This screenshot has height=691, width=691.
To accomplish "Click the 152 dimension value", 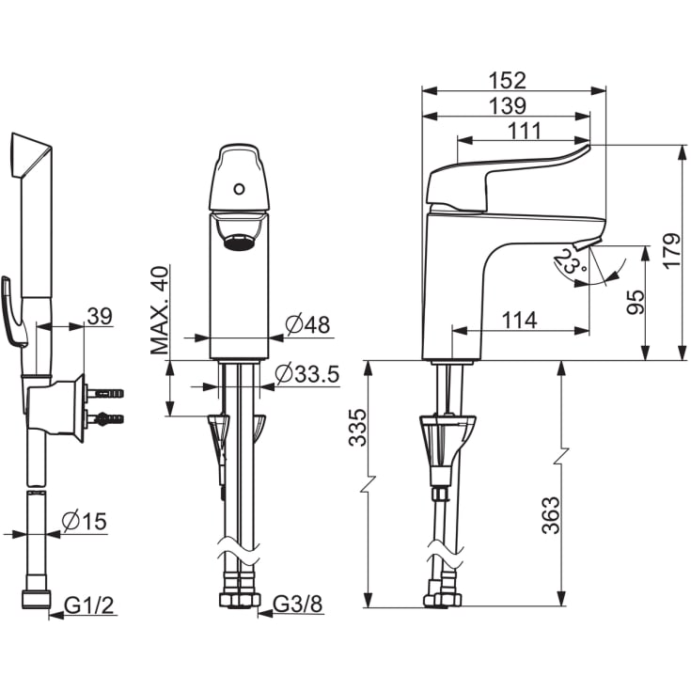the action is pos(508,80).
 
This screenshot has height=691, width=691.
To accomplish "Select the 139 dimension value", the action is pos(508,105).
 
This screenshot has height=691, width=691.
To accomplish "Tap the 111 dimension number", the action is pos(524,131).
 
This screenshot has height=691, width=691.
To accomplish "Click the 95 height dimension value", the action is pos(636,302).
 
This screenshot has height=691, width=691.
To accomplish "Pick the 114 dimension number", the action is pos(520,321).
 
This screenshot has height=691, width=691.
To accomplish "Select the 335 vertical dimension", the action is pos(357,428).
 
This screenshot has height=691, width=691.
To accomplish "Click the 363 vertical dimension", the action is pos(550,515).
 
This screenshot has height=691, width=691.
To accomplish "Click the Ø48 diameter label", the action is pos(307,324).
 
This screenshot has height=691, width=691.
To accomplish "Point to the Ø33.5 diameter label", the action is pos(307,374).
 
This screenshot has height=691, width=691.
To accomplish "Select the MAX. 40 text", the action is pos(159,310).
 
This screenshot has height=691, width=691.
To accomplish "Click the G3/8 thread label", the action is pos(298,605).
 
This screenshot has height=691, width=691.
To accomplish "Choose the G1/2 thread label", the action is pos(89,605).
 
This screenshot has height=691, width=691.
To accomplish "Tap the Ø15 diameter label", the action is pos(85,522).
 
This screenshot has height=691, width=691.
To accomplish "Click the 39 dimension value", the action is pos(100,316).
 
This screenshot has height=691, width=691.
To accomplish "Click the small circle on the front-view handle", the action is pos(239,189).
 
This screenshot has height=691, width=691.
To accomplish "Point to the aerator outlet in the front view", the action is pos(239,242).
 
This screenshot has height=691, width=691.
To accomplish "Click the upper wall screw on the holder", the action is pos(104,393).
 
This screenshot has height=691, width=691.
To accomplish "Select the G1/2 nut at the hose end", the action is pos(36,601).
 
